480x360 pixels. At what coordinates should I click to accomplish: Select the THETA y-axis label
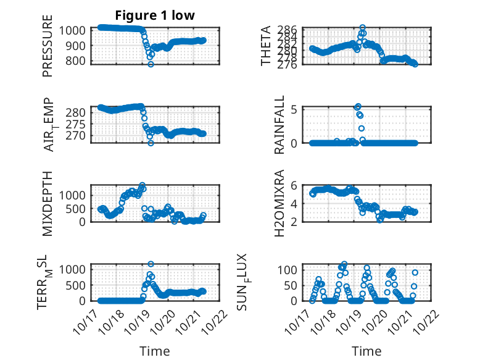pos(266,46)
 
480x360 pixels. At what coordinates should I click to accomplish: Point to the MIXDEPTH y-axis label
pos(48,203)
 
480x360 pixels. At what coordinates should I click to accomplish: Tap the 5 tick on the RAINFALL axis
pos(295,109)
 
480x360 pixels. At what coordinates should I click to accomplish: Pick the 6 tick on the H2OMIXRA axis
pos(295,186)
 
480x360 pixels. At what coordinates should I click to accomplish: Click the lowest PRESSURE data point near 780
pos(151,64)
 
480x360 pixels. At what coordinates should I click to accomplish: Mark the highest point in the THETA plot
pos(362,28)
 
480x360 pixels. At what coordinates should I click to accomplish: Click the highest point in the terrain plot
pos(151,264)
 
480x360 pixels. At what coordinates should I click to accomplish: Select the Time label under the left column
pos(155,351)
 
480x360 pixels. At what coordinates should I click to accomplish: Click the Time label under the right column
pos(366,351)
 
